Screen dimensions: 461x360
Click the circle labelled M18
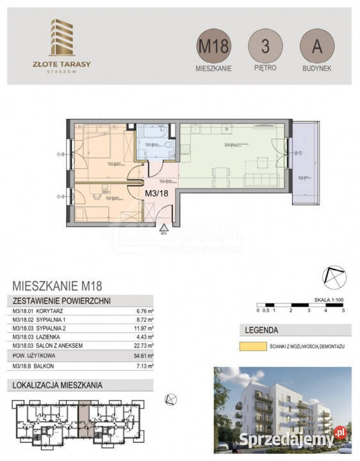213,47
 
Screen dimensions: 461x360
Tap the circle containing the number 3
265,47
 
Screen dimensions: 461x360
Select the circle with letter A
316,47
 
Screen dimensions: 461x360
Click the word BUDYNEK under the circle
316,68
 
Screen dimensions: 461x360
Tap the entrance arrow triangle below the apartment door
164,227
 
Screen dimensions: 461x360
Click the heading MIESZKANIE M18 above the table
58,286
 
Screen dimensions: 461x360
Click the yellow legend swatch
252,346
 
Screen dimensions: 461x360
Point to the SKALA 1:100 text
329,298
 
